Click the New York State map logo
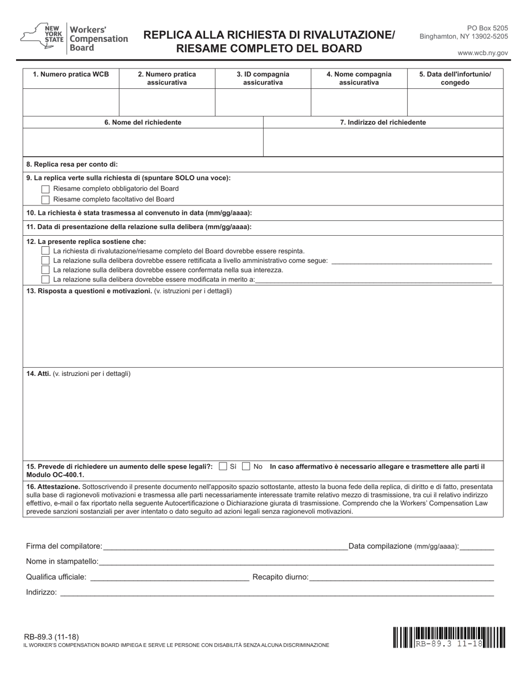(x=34, y=37)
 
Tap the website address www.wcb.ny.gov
(x=482, y=53)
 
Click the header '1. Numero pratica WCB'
(x=71, y=74)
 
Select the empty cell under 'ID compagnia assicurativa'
(x=262, y=101)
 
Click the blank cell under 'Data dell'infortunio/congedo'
(x=455, y=101)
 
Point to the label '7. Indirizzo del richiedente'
(x=382, y=123)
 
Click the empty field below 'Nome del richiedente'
(x=143, y=142)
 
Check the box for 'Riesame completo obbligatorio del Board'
(x=46, y=189)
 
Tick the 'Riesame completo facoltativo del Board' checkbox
(x=46, y=199)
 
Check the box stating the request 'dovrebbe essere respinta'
(x=46, y=251)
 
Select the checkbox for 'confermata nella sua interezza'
(x=46, y=270)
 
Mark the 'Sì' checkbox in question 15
(x=223, y=466)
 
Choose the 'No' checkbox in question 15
(x=246, y=466)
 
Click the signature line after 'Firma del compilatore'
(x=225, y=547)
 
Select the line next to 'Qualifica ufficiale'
(x=169, y=577)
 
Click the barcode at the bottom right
(x=449, y=637)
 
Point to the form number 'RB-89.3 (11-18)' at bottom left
(x=47, y=636)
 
